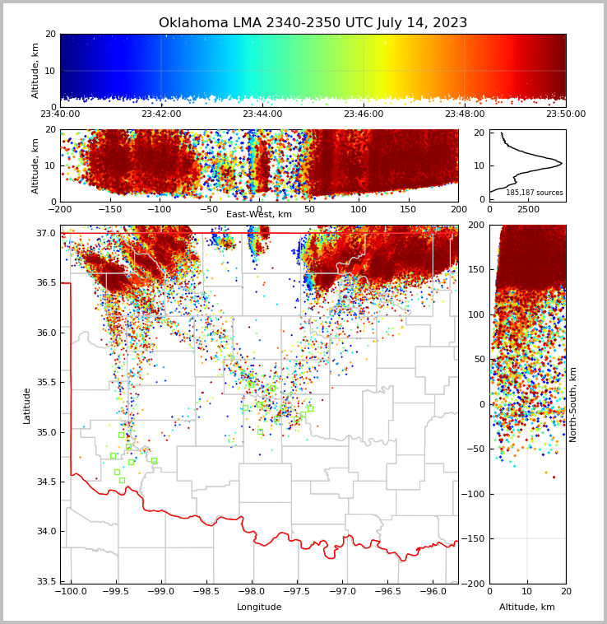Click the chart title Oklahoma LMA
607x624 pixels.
click(x=313, y=23)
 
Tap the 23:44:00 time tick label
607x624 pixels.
click(x=262, y=114)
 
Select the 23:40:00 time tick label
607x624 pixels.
click(x=60, y=114)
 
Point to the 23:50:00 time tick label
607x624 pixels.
click(x=565, y=114)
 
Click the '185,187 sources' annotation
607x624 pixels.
click(x=535, y=193)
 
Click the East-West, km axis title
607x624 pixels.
click(x=259, y=215)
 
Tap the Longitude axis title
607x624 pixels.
click(x=259, y=608)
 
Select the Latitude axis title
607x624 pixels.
click(x=27, y=405)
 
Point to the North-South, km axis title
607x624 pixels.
click(x=573, y=405)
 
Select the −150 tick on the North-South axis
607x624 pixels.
click(x=475, y=539)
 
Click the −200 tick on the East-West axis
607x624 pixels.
click(x=60, y=210)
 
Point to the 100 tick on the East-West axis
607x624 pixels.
click(x=359, y=210)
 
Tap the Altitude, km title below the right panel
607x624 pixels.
click(x=527, y=608)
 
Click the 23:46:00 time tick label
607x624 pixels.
click(x=364, y=114)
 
